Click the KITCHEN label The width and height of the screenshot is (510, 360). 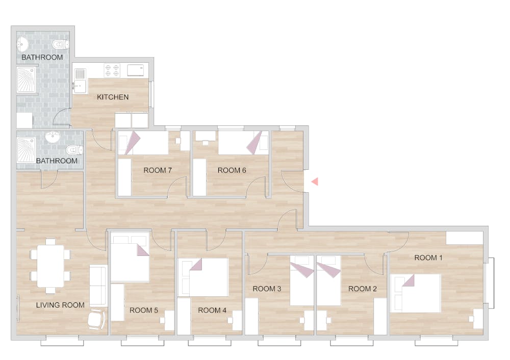[x=113, y=97]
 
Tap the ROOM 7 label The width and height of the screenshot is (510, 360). [x=158, y=170]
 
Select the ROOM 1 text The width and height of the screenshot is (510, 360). [x=428, y=258]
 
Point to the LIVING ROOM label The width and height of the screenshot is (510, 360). [x=60, y=305]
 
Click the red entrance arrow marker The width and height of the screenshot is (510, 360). [x=315, y=182]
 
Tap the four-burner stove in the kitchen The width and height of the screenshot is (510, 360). [x=112, y=70]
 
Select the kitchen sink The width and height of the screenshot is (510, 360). [x=80, y=81]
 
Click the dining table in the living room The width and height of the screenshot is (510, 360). [x=50, y=266]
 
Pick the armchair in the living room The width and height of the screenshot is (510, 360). [x=97, y=319]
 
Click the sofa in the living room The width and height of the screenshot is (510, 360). [x=98, y=286]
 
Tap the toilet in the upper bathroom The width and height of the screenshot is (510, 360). [x=61, y=43]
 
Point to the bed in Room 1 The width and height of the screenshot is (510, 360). [x=415, y=293]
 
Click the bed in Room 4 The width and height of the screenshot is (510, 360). [x=203, y=277]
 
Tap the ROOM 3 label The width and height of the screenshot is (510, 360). [x=267, y=289]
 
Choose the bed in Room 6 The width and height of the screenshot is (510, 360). [x=243, y=143]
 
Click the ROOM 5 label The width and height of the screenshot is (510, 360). [x=143, y=310]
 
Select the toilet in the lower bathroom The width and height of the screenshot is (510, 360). [x=74, y=150]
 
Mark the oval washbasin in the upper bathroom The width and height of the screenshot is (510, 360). [x=23, y=43]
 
